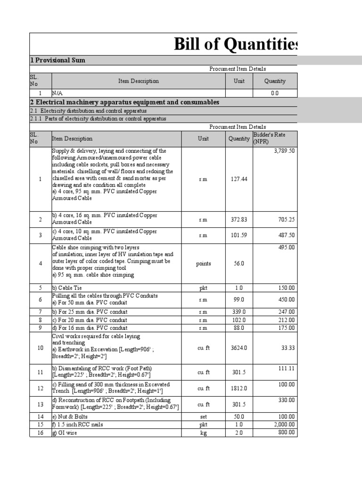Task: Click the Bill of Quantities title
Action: coord(235,44)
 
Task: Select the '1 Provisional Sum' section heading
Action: coord(58,60)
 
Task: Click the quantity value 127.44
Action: coord(239,179)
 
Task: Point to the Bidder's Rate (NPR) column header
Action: coord(269,138)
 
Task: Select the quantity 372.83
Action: coord(239,219)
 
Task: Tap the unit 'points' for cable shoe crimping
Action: coord(203,264)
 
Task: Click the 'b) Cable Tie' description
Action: coord(67,288)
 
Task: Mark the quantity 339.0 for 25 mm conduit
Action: coord(239,312)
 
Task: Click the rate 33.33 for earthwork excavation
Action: coord(287,348)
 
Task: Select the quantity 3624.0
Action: coord(239,348)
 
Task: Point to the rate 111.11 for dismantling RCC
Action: coord(286,368)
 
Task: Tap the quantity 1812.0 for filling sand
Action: coord(239,388)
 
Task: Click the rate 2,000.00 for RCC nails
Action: coord(283,425)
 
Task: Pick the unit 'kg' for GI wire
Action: coord(203,433)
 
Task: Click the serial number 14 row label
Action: coord(40,416)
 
